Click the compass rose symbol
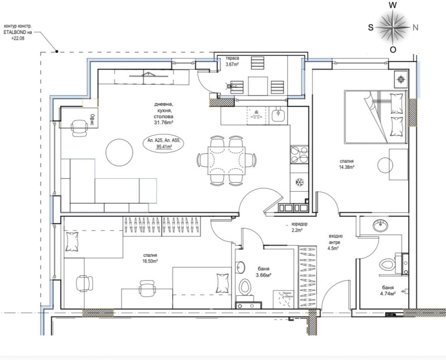(x=393, y=26)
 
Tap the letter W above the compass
(x=393, y=5)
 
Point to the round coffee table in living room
(x=120, y=151)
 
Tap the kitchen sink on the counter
(x=280, y=115)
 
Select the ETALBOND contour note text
(x=18, y=32)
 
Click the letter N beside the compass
(x=415, y=26)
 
